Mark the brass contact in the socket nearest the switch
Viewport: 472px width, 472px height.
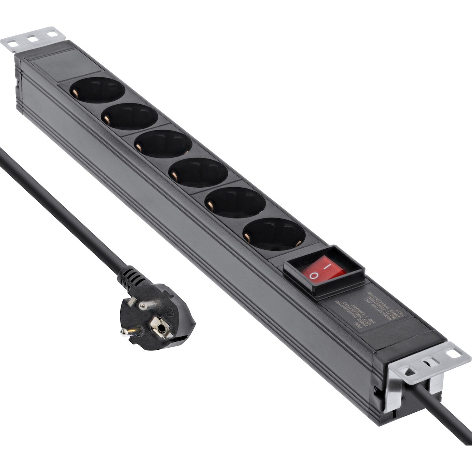point(247,237)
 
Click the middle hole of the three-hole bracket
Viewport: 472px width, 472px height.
point(31,39)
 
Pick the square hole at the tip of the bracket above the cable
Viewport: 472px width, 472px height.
point(456,353)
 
